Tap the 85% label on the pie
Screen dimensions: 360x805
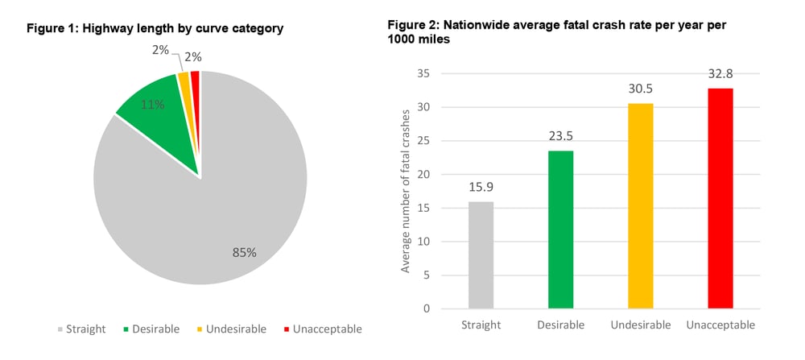click(x=244, y=252)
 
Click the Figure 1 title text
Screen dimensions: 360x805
click(x=155, y=28)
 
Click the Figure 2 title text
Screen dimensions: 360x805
click(x=557, y=31)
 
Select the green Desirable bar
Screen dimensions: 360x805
click(x=560, y=230)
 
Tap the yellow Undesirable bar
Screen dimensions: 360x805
click(x=641, y=206)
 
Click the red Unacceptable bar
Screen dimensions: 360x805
click(x=720, y=198)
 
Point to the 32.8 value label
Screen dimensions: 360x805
click(x=720, y=73)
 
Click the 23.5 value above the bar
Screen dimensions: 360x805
click(x=560, y=135)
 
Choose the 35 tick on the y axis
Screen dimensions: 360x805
click(x=424, y=73)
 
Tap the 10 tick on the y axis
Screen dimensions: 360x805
click(x=424, y=242)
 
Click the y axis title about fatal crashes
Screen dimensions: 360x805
click(x=406, y=189)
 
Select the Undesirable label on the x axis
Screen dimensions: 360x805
click(x=641, y=325)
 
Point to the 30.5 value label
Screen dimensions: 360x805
click(x=641, y=89)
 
